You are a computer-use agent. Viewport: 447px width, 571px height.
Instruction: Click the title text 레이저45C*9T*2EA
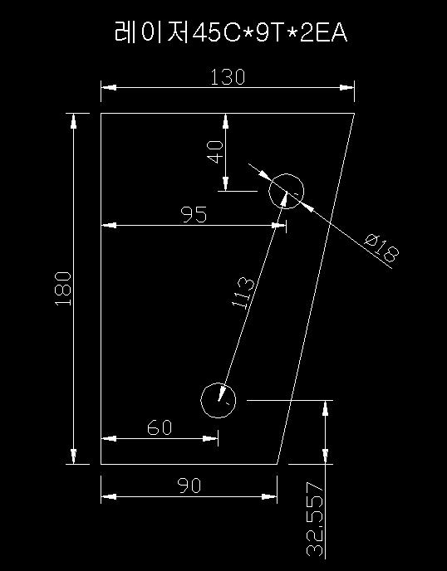[x=231, y=32]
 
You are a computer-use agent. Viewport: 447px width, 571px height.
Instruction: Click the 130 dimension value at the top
[x=228, y=77]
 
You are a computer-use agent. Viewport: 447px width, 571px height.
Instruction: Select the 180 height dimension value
[x=63, y=289]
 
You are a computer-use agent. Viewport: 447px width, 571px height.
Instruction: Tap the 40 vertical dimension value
[x=214, y=152]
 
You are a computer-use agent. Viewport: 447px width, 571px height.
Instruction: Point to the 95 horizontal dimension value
[x=194, y=214]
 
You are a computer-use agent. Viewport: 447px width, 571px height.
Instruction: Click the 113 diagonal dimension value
[x=243, y=292]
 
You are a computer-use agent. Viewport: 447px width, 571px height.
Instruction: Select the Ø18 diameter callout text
[x=382, y=249]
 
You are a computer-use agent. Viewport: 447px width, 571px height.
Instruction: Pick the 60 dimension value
[x=160, y=427]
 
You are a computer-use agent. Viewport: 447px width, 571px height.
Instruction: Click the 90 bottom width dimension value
[x=189, y=486]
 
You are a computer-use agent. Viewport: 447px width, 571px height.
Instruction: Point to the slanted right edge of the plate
[x=316, y=289]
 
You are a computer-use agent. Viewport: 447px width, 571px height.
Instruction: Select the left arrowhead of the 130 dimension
[x=109, y=87]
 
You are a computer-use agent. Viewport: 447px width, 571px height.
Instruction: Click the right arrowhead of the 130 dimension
[x=346, y=87]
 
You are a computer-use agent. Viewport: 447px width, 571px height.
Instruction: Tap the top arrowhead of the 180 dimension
[x=74, y=121]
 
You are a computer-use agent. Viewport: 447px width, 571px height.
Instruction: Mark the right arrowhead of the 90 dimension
[x=269, y=496]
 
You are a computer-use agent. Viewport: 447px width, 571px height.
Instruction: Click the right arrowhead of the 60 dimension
[x=210, y=439]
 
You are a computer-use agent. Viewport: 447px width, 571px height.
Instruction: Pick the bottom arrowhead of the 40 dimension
[x=226, y=183]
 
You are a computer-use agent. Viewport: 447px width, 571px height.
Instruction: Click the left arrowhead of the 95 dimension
[x=109, y=226]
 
